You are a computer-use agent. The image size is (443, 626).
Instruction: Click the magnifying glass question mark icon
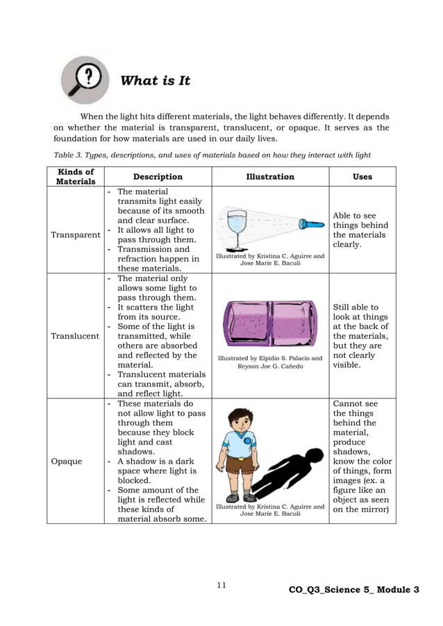coord(85,79)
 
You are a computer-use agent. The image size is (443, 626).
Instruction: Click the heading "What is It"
coord(155,81)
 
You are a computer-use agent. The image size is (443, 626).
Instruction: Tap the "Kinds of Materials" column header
coord(76,176)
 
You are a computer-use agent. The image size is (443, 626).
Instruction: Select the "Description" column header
coord(158,177)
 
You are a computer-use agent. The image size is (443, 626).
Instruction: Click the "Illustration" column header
coord(269,177)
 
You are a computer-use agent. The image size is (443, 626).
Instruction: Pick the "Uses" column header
coord(362,177)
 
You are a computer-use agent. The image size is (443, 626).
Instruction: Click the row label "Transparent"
coord(76,235)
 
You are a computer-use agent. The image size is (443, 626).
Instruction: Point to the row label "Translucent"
coord(76,336)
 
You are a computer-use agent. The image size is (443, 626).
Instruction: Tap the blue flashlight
coord(312,224)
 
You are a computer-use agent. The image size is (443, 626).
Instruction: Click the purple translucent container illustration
coord(270,323)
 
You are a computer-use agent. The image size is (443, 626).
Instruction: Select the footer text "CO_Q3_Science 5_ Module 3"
coord(354,590)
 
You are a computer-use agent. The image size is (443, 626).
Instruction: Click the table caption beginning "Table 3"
coord(212,155)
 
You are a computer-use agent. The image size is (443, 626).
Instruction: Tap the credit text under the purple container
coord(270,362)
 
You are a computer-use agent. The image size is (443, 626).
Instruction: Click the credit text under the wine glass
coord(270,260)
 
